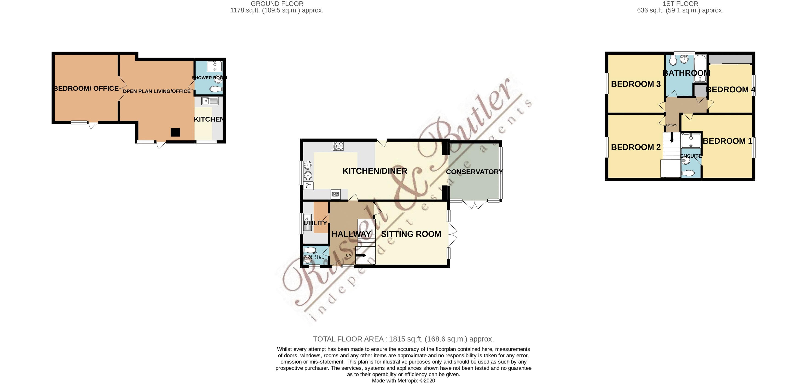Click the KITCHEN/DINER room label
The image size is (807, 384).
(375, 171)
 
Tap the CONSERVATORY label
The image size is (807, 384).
(474, 172)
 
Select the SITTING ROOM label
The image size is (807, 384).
(411, 234)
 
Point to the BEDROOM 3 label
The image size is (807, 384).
(636, 84)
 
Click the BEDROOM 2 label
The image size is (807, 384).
(636, 147)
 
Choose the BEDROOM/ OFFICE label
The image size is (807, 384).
(86, 88)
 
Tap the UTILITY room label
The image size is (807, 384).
(315, 223)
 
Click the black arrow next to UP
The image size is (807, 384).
(361, 256)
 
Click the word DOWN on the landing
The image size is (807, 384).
(671, 125)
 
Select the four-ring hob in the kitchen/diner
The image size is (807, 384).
(338, 146)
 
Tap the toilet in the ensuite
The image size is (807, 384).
(688, 173)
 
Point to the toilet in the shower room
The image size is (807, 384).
(216, 90)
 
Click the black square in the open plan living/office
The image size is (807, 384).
(175, 132)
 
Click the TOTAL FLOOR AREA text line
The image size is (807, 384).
(403, 339)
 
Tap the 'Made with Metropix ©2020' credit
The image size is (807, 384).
(403, 381)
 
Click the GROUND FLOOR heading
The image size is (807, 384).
(277, 4)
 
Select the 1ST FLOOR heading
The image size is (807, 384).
(680, 4)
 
